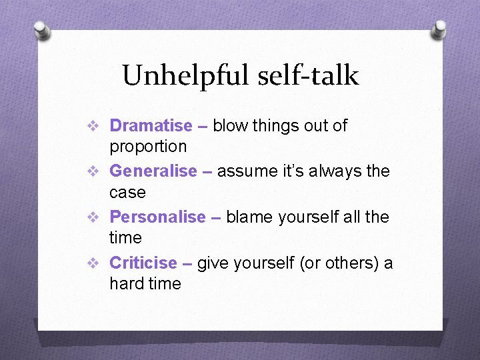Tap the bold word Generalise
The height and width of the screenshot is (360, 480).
click(x=153, y=171)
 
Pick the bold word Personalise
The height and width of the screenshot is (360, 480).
click(x=157, y=217)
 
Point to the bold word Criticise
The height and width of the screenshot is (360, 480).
click(x=143, y=263)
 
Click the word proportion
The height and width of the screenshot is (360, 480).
click(x=148, y=146)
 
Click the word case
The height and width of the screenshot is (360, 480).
click(x=127, y=192)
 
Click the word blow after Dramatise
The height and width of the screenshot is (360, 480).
click(x=231, y=125)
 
